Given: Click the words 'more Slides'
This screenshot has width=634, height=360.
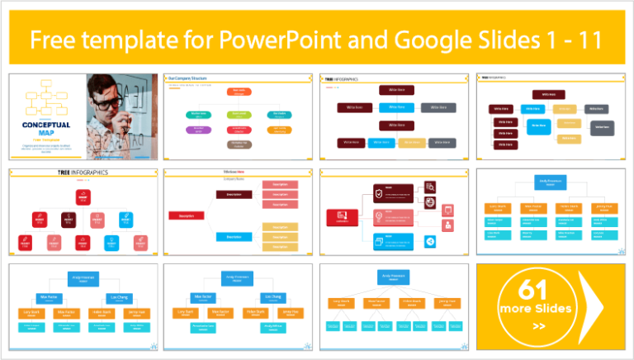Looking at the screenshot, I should (x=535, y=309).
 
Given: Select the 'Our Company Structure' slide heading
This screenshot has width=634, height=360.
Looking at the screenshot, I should (x=187, y=78).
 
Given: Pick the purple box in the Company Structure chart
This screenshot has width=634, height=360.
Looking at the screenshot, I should (x=198, y=130).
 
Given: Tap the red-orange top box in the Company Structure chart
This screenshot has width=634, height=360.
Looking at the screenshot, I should (x=238, y=92).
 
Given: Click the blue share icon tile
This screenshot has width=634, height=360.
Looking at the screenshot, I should (x=430, y=241).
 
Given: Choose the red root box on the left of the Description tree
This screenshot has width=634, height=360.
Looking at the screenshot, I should (x=186, y=216).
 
